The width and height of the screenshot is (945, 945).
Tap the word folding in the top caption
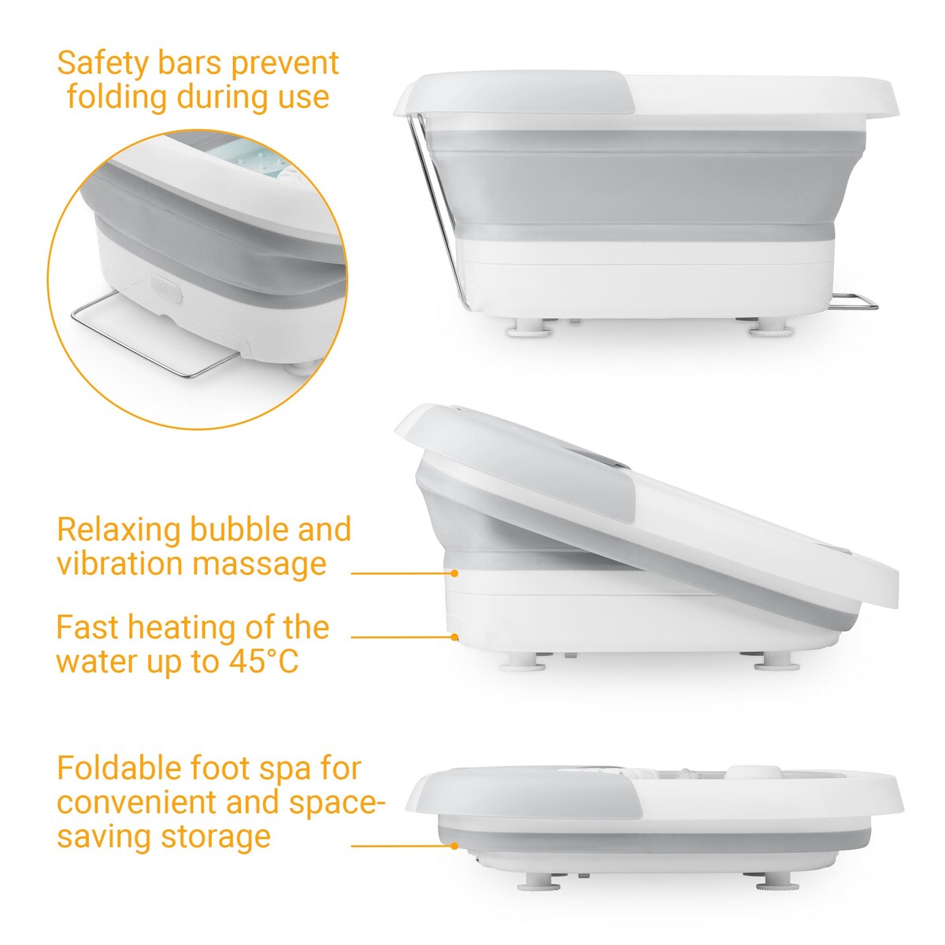click(x=117, y=98)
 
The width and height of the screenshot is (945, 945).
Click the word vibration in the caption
click(x=118, y=564)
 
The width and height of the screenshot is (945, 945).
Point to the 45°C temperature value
click(x=264, y=661)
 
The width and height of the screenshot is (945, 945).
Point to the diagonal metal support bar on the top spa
click(x=435, y=213)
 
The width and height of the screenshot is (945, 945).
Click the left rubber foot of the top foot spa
click(x=527, y=327)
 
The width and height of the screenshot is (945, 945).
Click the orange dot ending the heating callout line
click(x=455, y=637)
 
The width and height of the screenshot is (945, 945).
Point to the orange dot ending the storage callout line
click(x=455, y=847)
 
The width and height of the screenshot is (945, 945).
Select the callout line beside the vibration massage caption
click(x=398, y=573)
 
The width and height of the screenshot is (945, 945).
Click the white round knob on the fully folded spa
click(x=743, y=775)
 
